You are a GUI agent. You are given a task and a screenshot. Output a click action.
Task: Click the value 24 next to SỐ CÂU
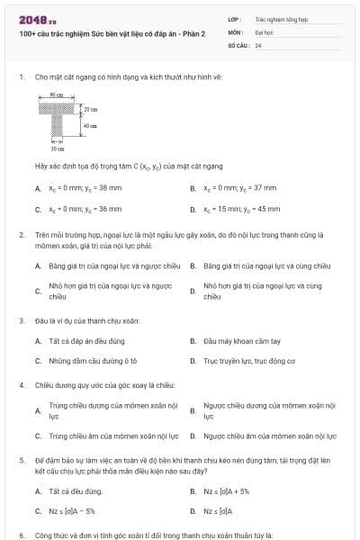[x=258, y=43]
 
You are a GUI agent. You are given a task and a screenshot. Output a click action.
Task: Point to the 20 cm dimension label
[x=90, y=108]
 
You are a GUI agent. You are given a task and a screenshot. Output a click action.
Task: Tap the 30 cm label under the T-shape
[x=57, y=147]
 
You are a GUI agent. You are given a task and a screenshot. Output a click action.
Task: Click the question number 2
[x=22, y=234]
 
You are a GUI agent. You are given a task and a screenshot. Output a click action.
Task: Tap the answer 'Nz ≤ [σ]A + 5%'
[x=226, y=491]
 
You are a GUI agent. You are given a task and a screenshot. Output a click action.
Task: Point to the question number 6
[x=22, y=535]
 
